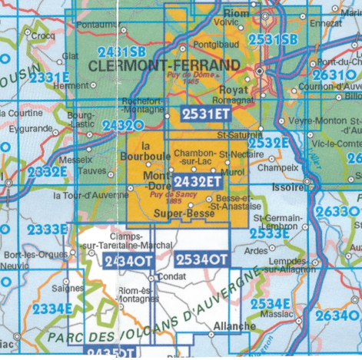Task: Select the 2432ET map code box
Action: (198, 181)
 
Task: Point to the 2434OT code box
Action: (128, 261)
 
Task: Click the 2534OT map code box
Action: (201, 259)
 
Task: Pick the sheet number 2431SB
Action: (121, 52)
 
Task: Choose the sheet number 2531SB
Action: (273, 39)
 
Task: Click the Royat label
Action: (237, 90)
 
